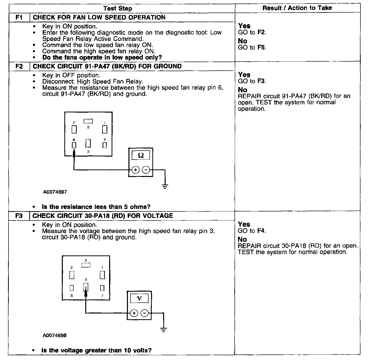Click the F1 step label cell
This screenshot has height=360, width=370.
pos(19,18)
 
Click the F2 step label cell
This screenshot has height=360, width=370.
pos(19,66)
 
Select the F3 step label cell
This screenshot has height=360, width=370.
pos(19,216)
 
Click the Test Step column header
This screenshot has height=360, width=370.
pos(118,8)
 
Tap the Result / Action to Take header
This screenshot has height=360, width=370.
pos(297,8)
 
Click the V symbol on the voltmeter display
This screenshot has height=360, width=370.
pos(139,298)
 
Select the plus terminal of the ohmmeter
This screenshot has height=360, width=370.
pos(135,170)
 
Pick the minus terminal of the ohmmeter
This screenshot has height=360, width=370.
pos(146,170)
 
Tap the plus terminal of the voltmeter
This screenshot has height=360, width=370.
pos(134,313)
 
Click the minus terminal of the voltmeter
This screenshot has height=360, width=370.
pos(145,313)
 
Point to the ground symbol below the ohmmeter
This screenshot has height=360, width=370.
pos(165,186)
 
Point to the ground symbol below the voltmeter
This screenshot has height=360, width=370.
pos(163,330)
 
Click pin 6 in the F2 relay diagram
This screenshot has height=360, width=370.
pos(74,145)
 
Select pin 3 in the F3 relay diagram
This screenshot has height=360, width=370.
pos(86,287)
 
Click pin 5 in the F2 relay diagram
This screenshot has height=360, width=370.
pos(88,121)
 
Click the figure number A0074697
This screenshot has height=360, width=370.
pos(55,192)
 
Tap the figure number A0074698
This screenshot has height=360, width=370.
pos(55,335)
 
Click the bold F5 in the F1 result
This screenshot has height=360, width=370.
pos(261,48)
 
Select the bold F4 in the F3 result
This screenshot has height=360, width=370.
pos(261,231)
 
